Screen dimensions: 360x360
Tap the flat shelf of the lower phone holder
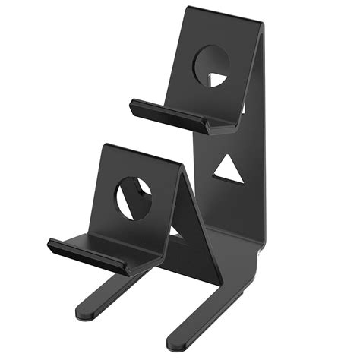[x=99, y=245]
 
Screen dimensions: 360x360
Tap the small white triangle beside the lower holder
[x=176, y=232]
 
